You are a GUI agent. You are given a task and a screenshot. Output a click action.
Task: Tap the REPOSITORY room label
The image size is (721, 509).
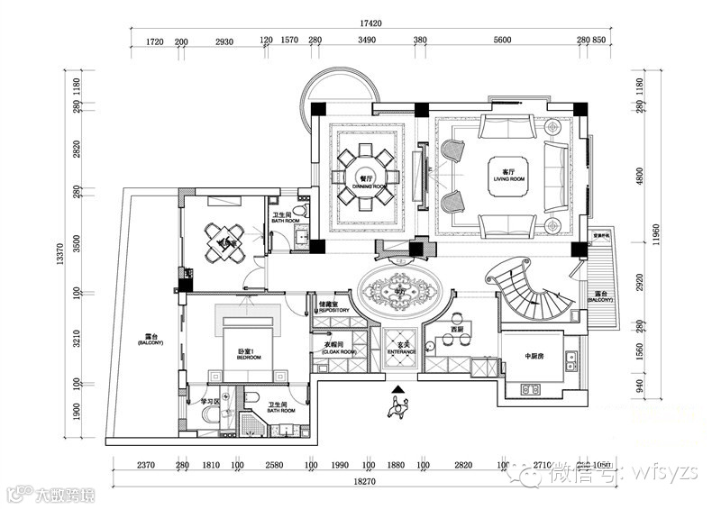click(x=333, y=309)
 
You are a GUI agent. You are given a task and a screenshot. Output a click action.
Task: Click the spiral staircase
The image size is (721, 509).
click(x=532, y=288)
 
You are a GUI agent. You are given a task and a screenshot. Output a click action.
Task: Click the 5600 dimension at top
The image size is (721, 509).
click(x=503, y=41)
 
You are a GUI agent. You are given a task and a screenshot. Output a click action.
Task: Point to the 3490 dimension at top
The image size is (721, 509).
click(x=367, y=41)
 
